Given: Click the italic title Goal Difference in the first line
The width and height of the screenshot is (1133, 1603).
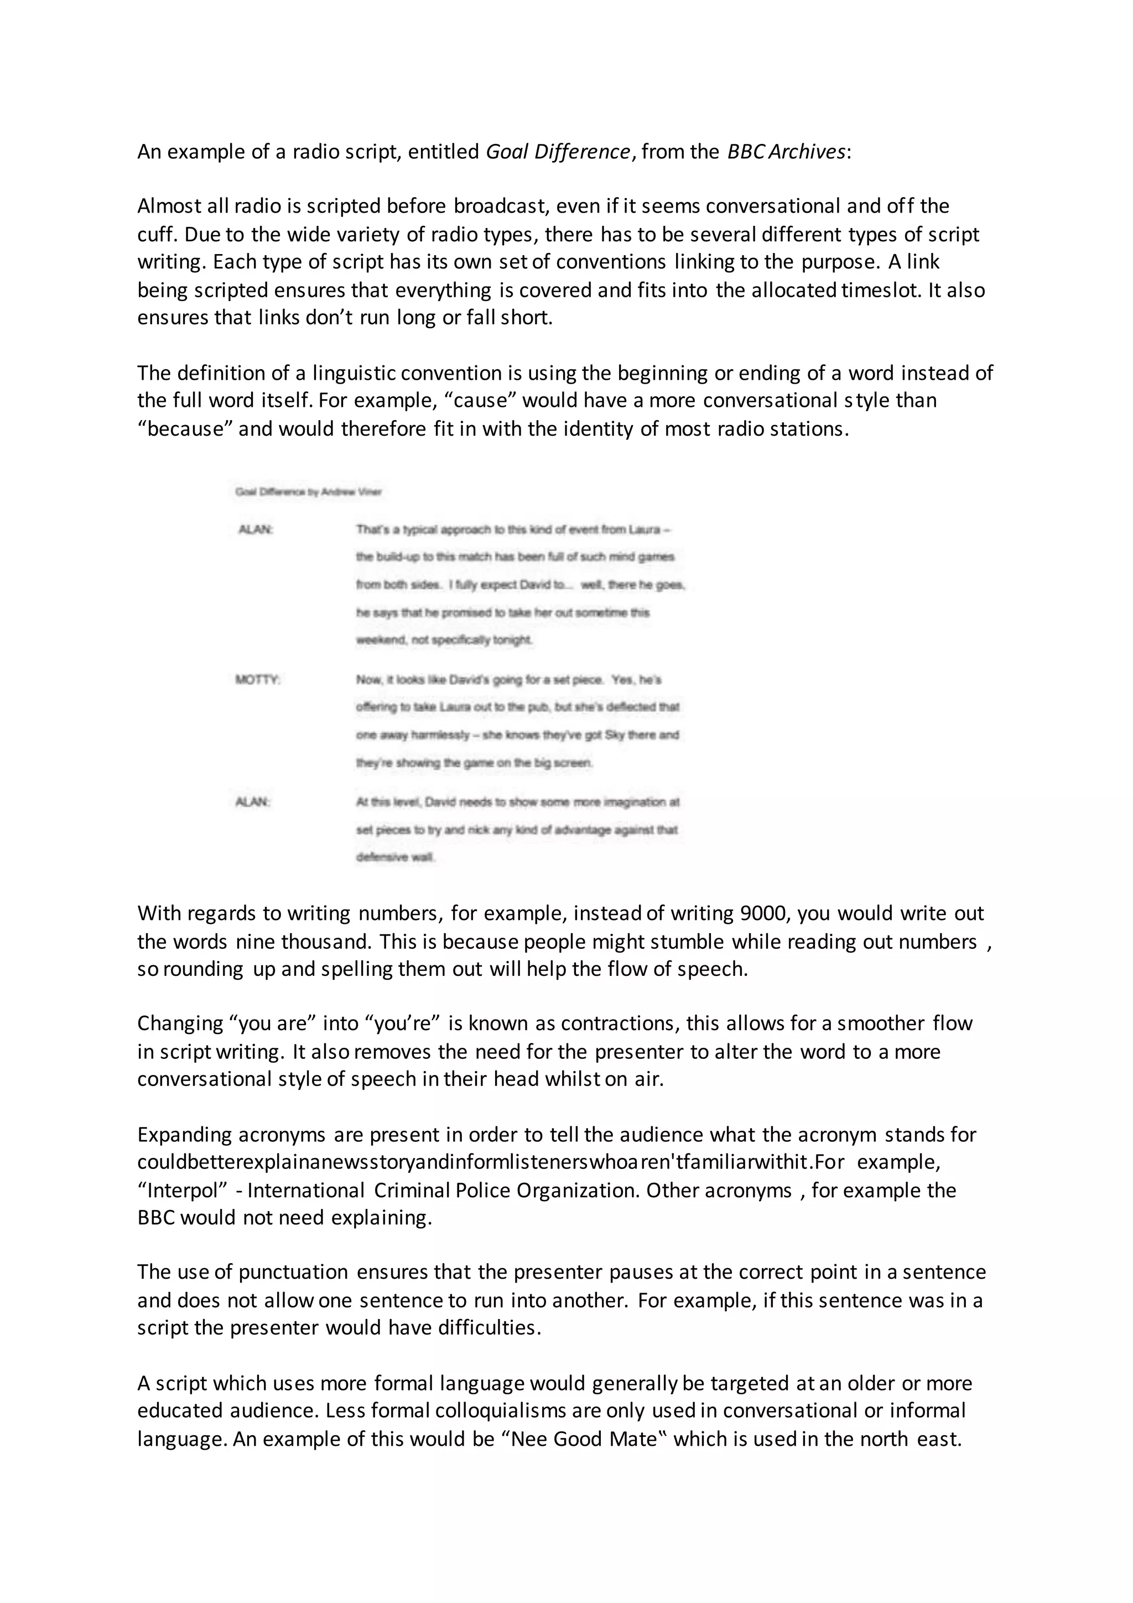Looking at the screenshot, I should (558, 152).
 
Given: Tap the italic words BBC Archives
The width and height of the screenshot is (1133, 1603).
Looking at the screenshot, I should (786, 152).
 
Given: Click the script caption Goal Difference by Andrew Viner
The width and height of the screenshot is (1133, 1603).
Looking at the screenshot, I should (308, 492).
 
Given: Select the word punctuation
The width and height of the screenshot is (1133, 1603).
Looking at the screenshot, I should (293, 1272).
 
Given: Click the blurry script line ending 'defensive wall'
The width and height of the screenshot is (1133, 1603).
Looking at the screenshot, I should (396, 857).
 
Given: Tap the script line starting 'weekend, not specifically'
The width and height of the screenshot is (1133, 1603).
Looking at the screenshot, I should (444, 639).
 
